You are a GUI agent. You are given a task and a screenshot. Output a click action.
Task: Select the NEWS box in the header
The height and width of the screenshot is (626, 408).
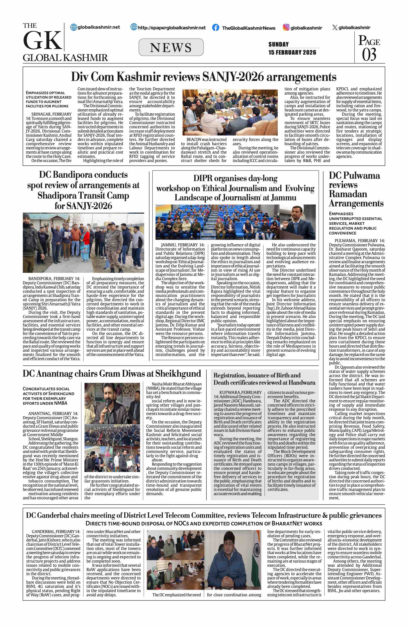171,47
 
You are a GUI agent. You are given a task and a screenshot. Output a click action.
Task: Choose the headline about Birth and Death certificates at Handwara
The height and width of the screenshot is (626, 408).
264,379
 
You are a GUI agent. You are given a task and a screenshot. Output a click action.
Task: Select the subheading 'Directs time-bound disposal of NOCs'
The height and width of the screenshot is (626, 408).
204,523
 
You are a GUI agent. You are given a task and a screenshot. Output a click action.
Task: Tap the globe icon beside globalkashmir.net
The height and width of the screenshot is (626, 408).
74,27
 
